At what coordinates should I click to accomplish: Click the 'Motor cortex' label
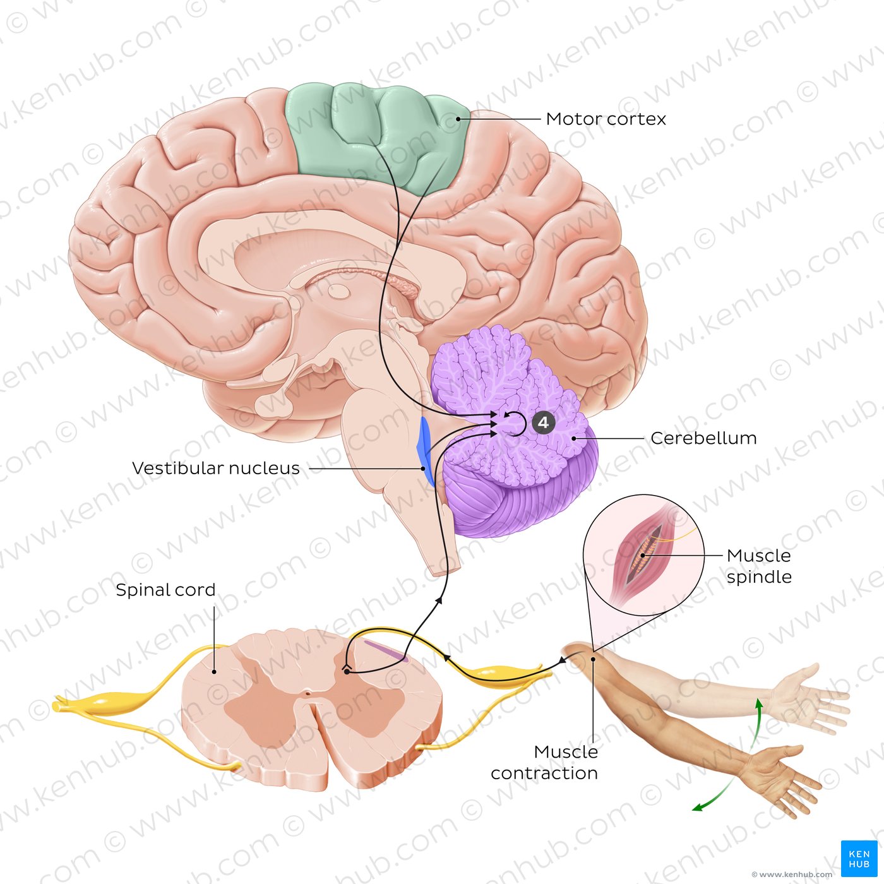click(x=606, y=119)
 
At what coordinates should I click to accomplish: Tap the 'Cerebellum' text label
click(x=703, y=438)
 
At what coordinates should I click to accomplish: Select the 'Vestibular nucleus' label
click(x=215, y=469)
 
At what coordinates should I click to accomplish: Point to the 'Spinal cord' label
click(x=165, y=590)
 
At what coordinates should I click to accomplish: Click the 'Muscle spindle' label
click(x=759, y=566)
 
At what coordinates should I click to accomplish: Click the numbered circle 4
click(x=544, y=422)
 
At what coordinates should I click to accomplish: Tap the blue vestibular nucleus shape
click(x=426, y=450)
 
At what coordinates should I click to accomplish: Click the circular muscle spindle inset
click(x=643, y=555)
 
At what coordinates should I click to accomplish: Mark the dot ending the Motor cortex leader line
click(x=458, y=119)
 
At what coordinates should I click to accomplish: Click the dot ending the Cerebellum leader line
click(x=574, y=438)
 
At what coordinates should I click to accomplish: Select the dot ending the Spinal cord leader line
click(x=214, y=672)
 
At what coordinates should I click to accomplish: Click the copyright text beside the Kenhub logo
click(x=792, y=875)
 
